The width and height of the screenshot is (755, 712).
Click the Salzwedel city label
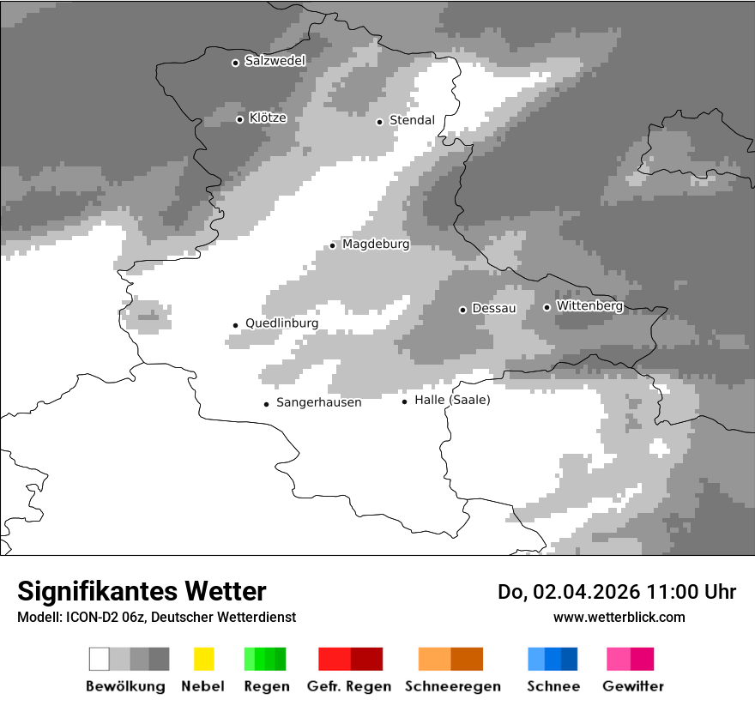click(x=275, y=61)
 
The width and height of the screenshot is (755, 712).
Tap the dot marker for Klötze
click(x=239, y=119)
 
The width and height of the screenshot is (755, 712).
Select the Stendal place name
click(x=412, y=120)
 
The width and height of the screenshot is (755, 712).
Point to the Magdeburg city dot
click(x=332, y=245)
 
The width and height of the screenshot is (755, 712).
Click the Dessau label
click(x=494, y=308)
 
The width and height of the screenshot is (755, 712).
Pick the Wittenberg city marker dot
click(x=547, y=307)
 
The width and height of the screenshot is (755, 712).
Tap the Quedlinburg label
click(x=281, y=323)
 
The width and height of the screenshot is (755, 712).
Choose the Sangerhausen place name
click(x=318, y=402)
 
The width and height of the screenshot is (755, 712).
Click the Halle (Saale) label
click(x=452, y=400)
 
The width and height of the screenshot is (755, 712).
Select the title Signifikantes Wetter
click(x=142, y=591)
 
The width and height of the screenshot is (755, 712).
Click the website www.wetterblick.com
click(x=619, y=617)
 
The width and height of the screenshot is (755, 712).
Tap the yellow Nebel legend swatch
click(x=203, y=659)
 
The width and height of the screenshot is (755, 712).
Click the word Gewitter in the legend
click(x=632, y=686)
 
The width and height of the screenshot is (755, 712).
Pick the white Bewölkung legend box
click(x=99, y=659)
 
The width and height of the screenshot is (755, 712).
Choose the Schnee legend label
click(x=553, y=686)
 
